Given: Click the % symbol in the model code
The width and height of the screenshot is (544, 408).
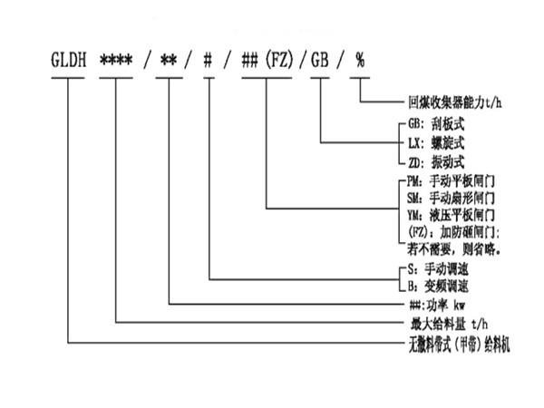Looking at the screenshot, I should pos(360,63).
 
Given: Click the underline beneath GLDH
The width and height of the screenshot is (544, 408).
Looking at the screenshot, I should pos(69,78).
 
